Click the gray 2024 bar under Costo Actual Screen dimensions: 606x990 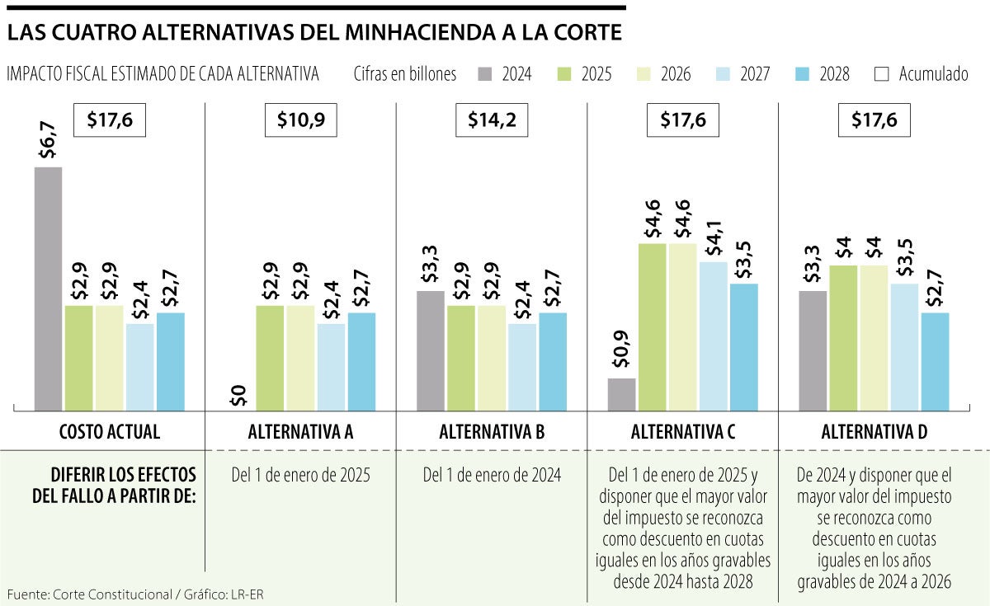coord(48,288)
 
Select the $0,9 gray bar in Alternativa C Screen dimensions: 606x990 coord(621,394)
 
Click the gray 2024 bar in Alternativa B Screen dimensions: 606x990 coord(430,350)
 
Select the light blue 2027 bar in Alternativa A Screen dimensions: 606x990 coord(331,366)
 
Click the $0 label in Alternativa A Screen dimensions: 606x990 coord(238,396)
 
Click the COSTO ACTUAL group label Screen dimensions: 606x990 coord(109,431)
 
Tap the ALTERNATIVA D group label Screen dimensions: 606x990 coord(874,431)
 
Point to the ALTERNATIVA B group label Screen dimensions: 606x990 coord(492,431)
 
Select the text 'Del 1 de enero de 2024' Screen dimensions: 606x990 coord(492,475)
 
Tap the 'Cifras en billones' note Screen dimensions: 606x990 coord(404,74)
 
